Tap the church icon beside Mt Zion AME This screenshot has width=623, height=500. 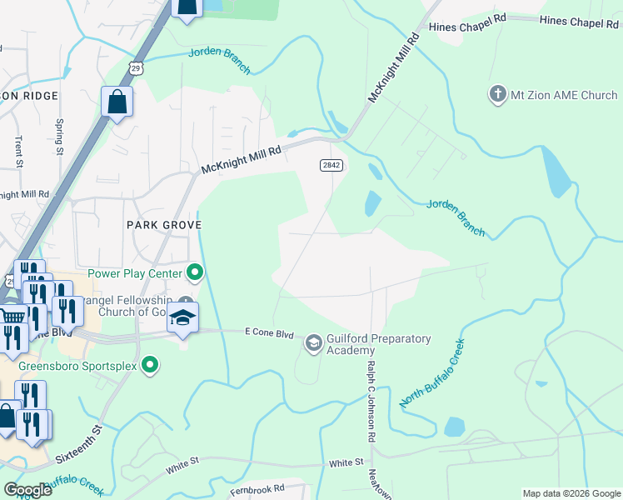[497, 93]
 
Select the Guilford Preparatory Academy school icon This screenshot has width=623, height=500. [313, 342]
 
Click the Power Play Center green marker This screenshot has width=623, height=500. [195, 272]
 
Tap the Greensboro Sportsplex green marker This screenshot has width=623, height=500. [150, 363]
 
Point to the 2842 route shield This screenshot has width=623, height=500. [331, 166]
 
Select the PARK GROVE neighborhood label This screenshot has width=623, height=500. [164, 225]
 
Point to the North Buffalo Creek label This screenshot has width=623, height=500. [431, 373]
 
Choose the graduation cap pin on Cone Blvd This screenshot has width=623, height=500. [182, 319]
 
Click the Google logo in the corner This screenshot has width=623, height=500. [27, 489]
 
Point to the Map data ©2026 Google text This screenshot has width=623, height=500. [571, 493]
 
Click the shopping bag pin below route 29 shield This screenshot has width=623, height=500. [117, 102]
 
